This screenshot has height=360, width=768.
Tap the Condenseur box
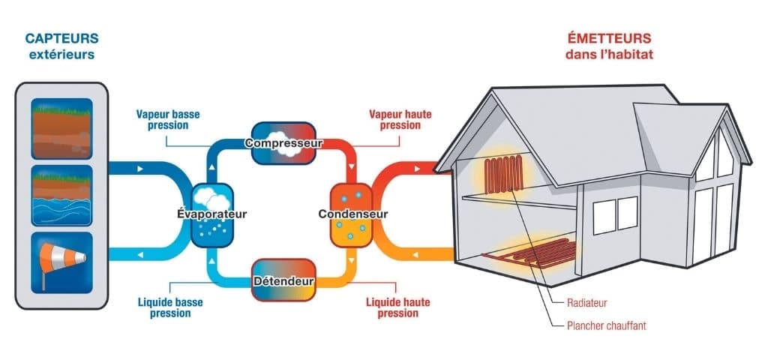[x=352, y=214]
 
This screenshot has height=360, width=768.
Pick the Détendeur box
[x=283, y=280]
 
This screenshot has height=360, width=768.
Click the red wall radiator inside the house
[x=504, y=174]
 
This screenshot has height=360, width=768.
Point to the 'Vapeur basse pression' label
[x=168, y=120]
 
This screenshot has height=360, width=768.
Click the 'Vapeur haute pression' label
[x=400, y=120]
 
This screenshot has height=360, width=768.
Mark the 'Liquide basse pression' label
[x=169, y=307]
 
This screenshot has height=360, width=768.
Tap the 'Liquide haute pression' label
[x=398, y=307]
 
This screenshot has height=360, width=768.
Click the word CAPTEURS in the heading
[x=61, y=37]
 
